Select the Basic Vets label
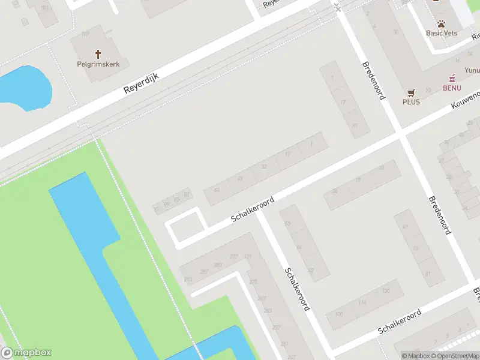pyautogui.click(x=442, y=33)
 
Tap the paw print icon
pyautogui.click(x=442, y=24)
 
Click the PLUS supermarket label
pyautogui.click(x=411, y=101)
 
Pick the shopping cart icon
pyautogui.click(x=411, y=92)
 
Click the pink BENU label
pyautogui.click(x=452, y=88)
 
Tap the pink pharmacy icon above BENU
pyautogui.click(x=452, y=79)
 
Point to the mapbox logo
pyautogui.click(x=26, y=353)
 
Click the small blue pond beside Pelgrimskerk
pyautogui.click(x=24, y=87)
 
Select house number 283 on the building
pyautogui.click(x=268, y=310)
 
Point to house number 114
pyautogui.click(x=362, y=302)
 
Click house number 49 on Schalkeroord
pyautogui.click(x=240, y=178)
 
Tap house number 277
pyautogui.click(x=234, y=257)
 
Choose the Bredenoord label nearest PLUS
pyautogui.click(x=373, y=80)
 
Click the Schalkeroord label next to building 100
pyautogui.click(x=400, y=323)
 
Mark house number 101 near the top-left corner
pyautogui.click(x=44, y=8)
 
